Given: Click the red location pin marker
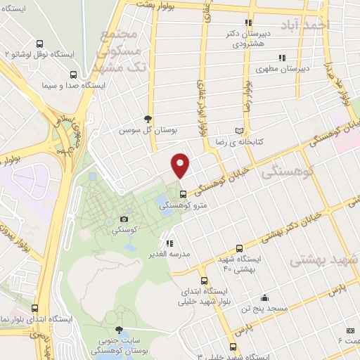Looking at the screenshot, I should tap(181, 165).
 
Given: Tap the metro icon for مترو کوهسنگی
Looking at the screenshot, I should tap(183, 194).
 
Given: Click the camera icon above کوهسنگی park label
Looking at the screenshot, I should tap(124, 219).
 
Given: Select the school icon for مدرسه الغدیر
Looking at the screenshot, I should tap(169, 243).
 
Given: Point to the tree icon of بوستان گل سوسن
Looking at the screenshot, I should tap(147, 119).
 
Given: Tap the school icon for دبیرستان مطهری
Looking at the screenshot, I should tap(282, 58).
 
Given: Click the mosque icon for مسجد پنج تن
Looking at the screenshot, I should tap(264, 297).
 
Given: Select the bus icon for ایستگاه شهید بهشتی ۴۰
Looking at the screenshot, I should tap(240, 248).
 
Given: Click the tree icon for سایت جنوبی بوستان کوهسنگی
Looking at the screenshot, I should tap(118, 330).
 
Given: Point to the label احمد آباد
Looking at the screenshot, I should tap(304, 26).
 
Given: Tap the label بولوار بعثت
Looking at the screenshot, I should tap(148, 5).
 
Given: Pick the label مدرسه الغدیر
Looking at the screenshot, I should tap(167, 254).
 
